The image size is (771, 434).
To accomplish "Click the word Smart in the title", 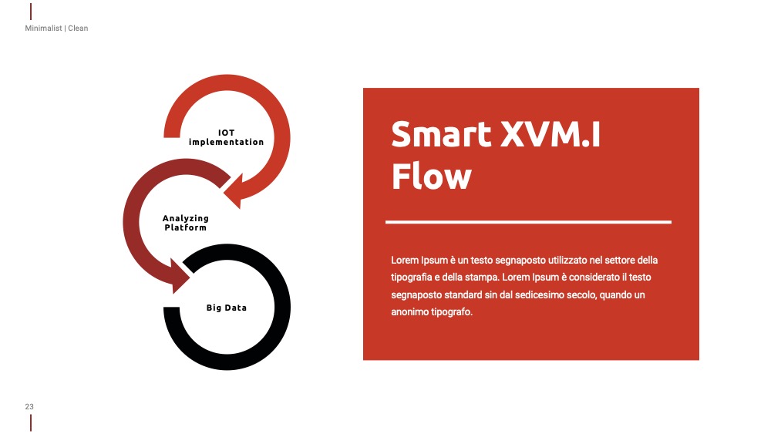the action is (x=441, y=134).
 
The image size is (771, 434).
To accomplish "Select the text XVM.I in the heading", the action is (x=550, y=134).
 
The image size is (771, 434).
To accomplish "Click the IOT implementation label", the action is (x=226, y=137).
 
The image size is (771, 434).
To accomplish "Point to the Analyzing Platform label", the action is (x=185, y=223).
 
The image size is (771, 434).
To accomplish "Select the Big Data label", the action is (x=226, y=308).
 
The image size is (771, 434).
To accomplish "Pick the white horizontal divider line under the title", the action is (x=528, y=222).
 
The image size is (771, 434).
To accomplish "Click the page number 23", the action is (x=29, y=406).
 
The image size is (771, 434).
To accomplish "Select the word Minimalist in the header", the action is (x=43, y=28).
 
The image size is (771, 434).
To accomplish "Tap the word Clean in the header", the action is (x=78, y=28).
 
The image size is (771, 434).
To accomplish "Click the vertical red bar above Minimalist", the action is (x=31, y=12).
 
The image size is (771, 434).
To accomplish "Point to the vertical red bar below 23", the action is (x=31, y=422).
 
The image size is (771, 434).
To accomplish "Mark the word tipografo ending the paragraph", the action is (x=452, y=312).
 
